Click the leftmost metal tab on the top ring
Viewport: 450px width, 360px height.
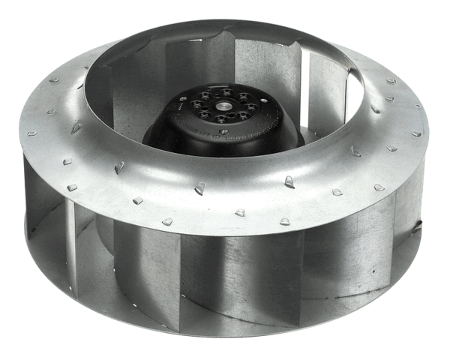tap(32, 133)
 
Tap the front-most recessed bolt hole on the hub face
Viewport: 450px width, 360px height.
tap(220, 118)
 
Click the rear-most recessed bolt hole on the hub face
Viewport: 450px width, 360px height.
tap(226, 92)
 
